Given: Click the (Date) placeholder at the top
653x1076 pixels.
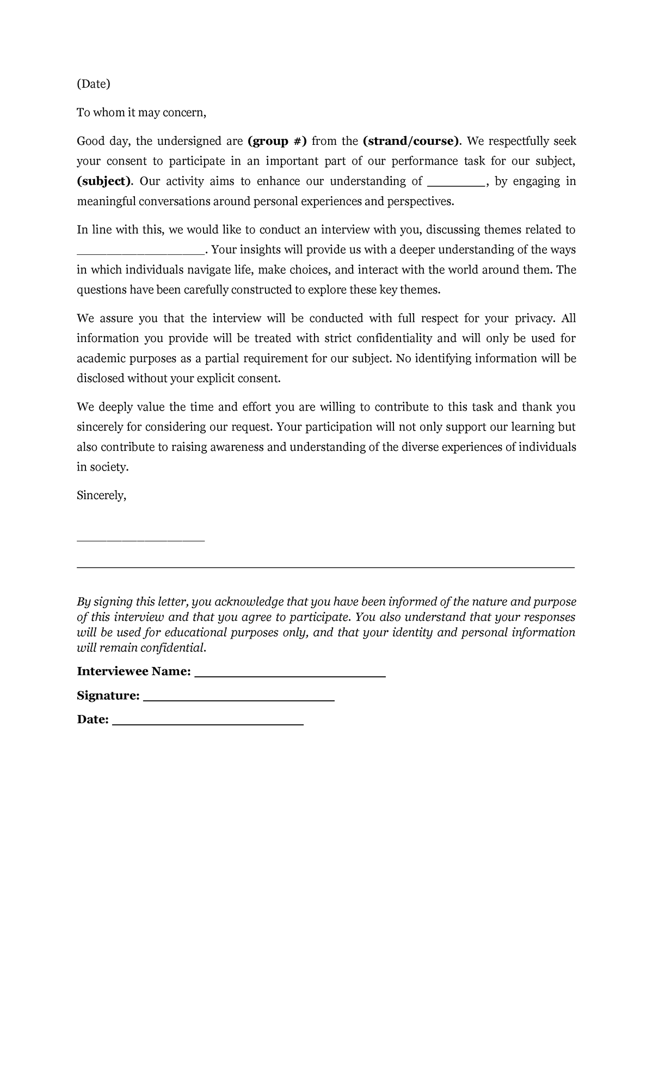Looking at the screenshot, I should point(93,84).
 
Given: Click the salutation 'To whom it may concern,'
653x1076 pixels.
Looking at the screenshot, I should point(141,113).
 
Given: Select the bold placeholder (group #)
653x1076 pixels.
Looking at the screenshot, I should point(277,142).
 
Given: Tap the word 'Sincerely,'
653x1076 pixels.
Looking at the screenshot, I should point(101,496).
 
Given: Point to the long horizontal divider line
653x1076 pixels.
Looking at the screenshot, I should point(325,567).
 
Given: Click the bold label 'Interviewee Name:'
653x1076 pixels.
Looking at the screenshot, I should point(134,671).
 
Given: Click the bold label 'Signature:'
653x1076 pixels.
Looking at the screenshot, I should point(108,695).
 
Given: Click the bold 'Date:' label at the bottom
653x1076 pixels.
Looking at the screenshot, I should point(93,719).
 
